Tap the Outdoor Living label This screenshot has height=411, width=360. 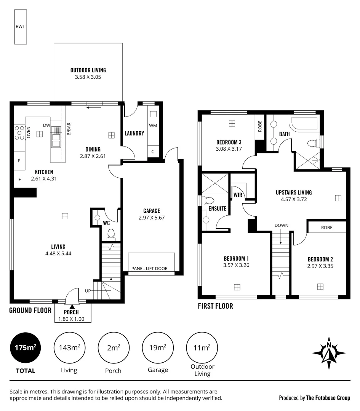click(88, 70)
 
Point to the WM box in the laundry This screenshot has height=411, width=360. click(153, 125)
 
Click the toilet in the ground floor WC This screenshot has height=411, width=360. click(111, 233)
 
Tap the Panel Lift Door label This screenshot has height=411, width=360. click(149, 268)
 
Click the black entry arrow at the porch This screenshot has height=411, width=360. click(72, 306)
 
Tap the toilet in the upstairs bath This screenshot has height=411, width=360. click(312, 143)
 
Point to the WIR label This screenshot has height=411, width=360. click(238, 195)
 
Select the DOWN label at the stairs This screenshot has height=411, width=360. click(281, 225)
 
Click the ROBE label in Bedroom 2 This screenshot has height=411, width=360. click(326, 228)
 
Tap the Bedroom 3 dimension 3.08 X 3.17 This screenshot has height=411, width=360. click(229, 149)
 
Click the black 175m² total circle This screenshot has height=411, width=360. click(26, 347)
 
